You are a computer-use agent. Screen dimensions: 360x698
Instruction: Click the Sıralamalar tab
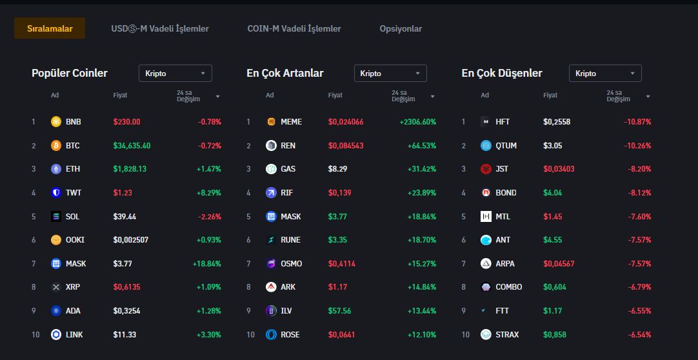pyautogui.click(x=50, y=28)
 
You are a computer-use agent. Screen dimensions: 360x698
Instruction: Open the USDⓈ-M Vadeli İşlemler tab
pyautogui.click(x=160, y=28)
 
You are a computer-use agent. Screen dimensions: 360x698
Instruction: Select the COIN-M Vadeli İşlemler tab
pyautogui.click(x=294, y=28)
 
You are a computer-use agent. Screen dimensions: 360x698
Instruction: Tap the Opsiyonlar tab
pyautogui.click(x=401, y=28)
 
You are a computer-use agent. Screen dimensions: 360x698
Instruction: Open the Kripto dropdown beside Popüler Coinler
pyautogui.click(x=175, y=74)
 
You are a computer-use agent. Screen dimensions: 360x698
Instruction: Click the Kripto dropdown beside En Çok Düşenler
pyautogui.click(x=604, y=74)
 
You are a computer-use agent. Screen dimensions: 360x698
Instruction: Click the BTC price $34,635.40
pyautogui.click(x=132, y=145)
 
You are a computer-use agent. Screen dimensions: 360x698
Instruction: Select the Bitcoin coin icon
pyautogui.click(x=56, y=145)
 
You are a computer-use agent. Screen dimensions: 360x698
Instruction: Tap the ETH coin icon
pyautogui.click(x=56, y=169)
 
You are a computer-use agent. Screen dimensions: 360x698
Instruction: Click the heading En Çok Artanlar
pyautogui.click(x=285, y=74)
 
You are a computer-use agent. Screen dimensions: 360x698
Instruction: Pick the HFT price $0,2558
pyautogui.click(x=557, y=122)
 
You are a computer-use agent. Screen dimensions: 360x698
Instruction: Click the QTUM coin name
pyautogui.click(x=506, y=145)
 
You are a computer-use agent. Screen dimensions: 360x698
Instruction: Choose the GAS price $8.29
pyautogui.click(x=337, y=169)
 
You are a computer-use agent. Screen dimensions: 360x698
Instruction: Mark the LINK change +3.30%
pyautogui.click(x=208, y=335)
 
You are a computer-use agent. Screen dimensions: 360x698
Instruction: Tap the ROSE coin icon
pyautogui.click(x=271, y=335)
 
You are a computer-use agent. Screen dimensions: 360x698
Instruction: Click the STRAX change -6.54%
pyautogui.click(x=637, y=335)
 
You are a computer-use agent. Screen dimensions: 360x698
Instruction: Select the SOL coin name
pyautogui.click(x=72, y=216)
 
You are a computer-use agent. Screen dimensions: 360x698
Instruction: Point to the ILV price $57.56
pyautogui.click(x=339, y=311)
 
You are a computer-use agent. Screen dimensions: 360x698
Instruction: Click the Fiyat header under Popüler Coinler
pyautogui.click(x=120, y=95)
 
